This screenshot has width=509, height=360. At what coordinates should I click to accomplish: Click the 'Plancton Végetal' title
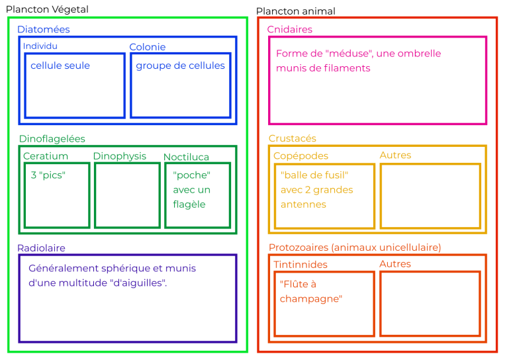[x=47, y=9]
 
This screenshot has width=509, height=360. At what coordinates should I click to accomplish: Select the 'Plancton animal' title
[x=295, y=11]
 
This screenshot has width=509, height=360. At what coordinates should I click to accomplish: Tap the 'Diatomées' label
[x=43, y=30]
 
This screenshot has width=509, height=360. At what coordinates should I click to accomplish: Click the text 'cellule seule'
[x=60, y=66]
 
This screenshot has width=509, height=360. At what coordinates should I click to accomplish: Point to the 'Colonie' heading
[x=147, y=47]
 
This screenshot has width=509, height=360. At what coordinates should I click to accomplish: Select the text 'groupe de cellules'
[x=180, y=66]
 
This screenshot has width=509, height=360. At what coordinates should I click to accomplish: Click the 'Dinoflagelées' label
[x=52, y=139]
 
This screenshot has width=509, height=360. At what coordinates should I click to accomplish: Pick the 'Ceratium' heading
[x=45, y=156]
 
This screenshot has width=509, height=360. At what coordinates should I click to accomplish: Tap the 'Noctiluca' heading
[x=186, y=157]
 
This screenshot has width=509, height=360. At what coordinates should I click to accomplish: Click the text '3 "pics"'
[x=48, y=175]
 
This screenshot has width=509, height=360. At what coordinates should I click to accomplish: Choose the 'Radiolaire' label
[x=41, y=248]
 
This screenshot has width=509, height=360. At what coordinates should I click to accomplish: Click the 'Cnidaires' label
[x=289, y=30]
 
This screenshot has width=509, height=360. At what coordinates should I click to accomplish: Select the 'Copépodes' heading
[x=301, y=156]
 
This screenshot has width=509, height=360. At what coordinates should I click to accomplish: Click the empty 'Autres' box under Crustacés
[x=430, y=195]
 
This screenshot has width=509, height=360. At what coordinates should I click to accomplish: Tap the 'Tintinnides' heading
[x=300, y=265]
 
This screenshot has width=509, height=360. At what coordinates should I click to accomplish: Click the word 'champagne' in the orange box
[x=310, y=298]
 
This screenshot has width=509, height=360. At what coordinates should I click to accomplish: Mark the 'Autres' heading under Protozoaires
[x=395, y=264]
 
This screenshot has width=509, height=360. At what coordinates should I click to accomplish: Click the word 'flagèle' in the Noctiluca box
[x=189, y=204]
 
